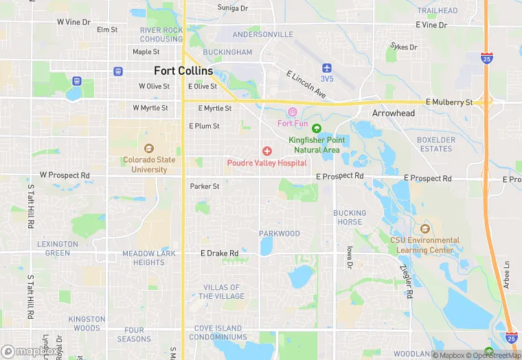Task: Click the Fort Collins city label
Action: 183,71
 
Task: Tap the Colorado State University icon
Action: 149,148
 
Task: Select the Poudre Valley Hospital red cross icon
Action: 267,151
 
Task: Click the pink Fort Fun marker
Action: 293,112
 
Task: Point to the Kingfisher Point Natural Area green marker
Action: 316,128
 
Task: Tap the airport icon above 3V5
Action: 327,67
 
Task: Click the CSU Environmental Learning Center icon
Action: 424,229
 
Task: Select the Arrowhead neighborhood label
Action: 394,113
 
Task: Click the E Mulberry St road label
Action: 450,102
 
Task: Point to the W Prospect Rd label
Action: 65,175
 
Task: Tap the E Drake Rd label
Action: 219,254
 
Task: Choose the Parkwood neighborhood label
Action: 280,234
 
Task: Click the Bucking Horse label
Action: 350,217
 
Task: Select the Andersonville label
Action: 263,34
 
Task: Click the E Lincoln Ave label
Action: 306,84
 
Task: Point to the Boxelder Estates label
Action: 436,144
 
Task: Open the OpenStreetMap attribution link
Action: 495,355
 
